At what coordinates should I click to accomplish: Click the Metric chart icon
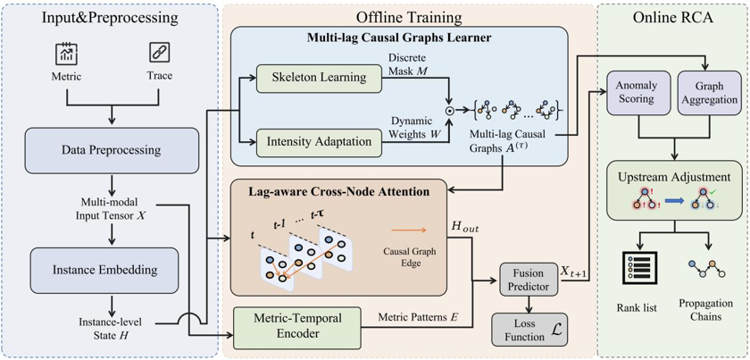66,53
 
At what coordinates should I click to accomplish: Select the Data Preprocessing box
112,150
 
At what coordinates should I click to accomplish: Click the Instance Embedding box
104,270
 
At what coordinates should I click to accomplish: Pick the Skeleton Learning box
320,78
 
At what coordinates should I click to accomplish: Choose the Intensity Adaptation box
320,142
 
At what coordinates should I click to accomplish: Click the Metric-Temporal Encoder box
297,329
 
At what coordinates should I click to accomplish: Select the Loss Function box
530,329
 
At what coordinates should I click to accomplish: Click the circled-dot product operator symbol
449,110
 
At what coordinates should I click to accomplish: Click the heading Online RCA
673,17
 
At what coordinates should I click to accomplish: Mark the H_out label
465,225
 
